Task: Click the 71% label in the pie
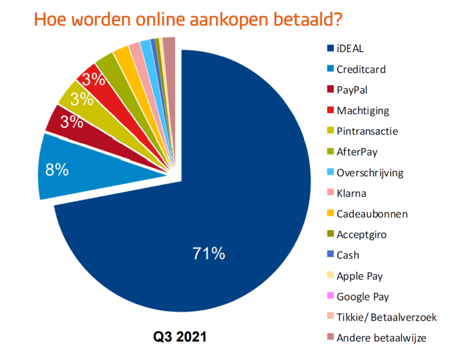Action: coord(209,254)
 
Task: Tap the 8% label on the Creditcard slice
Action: coord(57,170)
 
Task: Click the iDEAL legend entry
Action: coord(350,48)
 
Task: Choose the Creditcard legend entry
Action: coord(361,69)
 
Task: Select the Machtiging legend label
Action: coord(363,110)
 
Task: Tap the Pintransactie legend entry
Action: coord(367,131)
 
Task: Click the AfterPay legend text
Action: coord(357,152)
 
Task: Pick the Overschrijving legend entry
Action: coord(370,172)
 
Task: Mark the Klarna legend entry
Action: coord(351,193)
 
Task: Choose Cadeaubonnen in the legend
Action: coord(372,214)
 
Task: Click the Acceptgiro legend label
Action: coord(361,235)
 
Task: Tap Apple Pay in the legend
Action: coord(359,276)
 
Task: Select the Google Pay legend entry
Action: coord(363,297)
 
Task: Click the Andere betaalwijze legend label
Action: coord(381,338)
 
